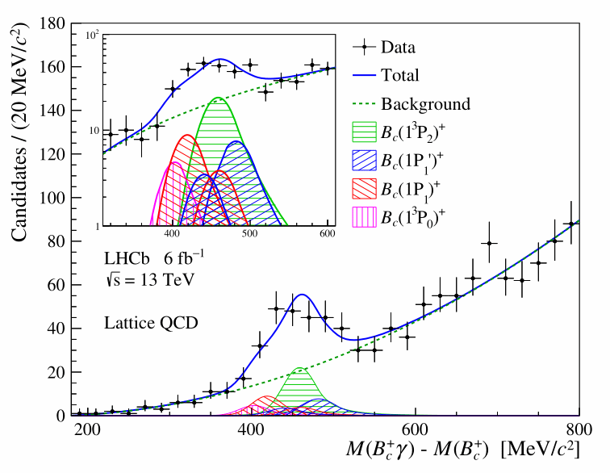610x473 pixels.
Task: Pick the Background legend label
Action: pos(425,104)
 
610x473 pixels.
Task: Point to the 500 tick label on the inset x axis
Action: pos(250,234)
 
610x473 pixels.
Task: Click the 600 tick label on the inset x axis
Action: pos(328,234)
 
